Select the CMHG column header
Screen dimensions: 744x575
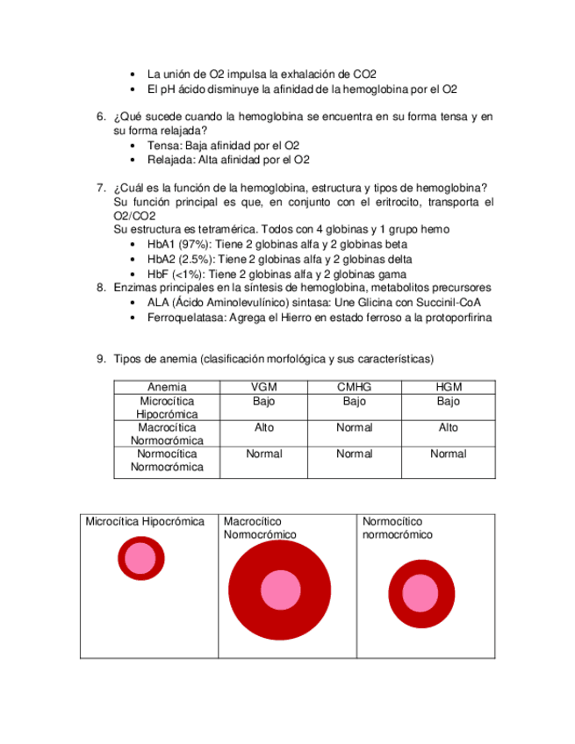[354, 388]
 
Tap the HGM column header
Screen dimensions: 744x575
[448, 388]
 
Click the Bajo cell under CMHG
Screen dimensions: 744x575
[354, 401]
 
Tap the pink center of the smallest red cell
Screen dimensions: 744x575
[140, 557]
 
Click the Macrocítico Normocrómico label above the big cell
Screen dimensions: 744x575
[260, 527]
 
